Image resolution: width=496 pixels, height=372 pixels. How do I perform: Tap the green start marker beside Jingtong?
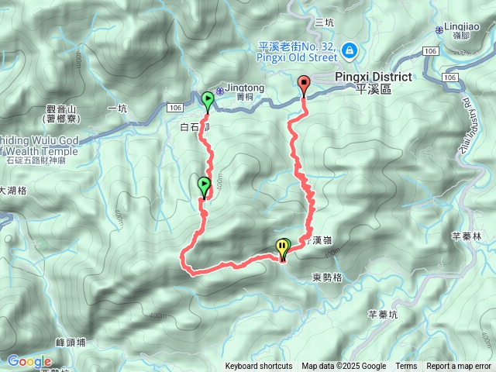pos(208,99)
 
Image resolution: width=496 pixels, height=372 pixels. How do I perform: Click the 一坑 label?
pos(117,108)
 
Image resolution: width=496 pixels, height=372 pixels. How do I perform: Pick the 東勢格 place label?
pos(328,277)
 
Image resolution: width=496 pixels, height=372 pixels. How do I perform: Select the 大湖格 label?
pos(13,190)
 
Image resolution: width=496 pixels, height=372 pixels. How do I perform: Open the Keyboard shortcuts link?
pos(259,367)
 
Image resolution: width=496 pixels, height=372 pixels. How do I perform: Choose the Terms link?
pos(406,367)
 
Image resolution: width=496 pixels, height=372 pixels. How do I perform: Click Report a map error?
pos(459,367)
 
